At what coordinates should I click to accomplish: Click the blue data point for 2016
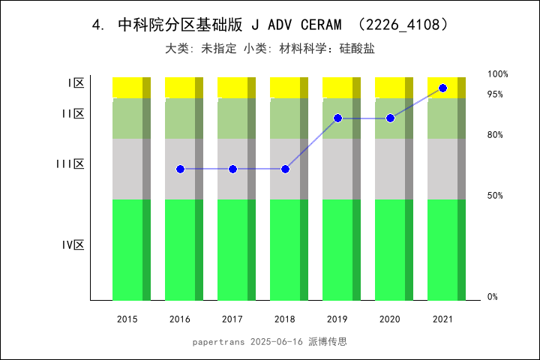180,169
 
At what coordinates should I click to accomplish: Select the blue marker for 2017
232,169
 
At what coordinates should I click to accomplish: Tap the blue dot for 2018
285,169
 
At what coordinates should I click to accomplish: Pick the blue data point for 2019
337,118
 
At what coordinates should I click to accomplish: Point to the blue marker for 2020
390,118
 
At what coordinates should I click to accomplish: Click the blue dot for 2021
442,88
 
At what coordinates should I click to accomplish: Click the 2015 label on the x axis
127,319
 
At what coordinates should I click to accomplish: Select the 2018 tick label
285,319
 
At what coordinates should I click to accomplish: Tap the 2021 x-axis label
442,319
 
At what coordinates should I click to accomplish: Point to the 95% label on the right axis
495,94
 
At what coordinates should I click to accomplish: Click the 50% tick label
495,196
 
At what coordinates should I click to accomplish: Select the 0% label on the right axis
493,297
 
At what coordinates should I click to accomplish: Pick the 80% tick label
495,135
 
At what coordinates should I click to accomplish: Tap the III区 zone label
70,164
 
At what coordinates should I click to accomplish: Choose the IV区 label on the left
73,245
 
